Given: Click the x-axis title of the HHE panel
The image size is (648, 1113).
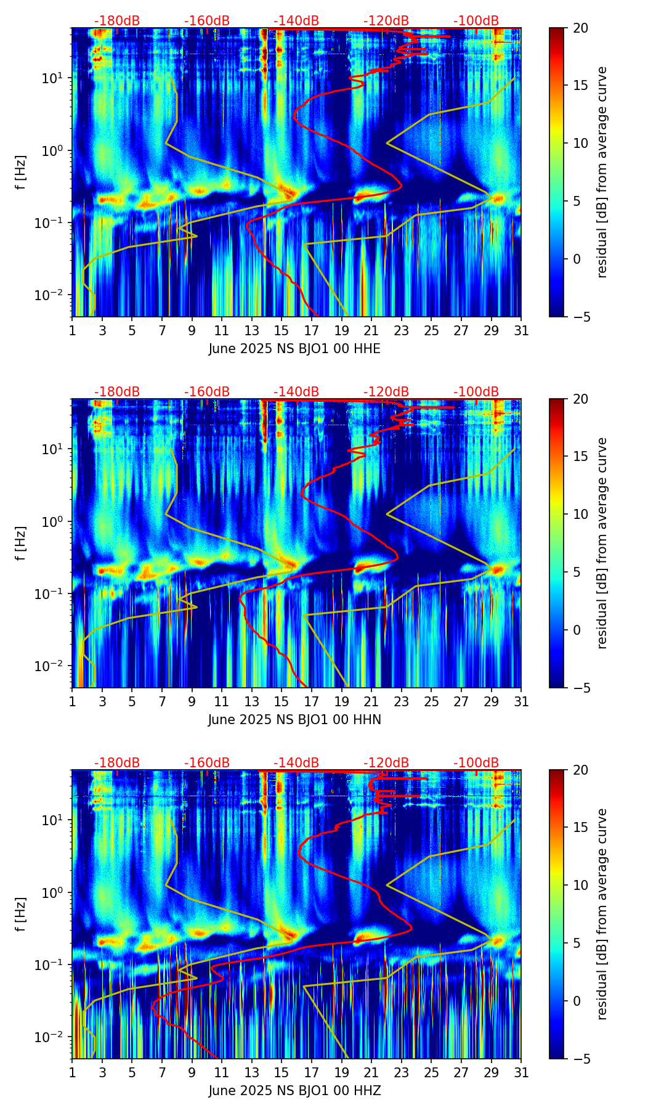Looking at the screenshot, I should click(294, 349).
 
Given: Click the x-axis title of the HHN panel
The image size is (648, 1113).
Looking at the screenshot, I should click(294, 720).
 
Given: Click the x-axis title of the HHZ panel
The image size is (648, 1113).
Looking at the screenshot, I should click(294, 1091).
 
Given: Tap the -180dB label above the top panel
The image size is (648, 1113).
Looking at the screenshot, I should click(117, 21).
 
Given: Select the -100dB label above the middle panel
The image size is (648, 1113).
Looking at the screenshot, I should click(476, 392).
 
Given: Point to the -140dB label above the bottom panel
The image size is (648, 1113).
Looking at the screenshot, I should click(296, 763).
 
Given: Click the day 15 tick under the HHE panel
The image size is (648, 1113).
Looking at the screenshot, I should click(281, 330).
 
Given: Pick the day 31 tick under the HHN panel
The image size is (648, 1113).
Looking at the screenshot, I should click(521, 701).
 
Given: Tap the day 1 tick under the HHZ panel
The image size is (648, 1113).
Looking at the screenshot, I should click(72, 1072).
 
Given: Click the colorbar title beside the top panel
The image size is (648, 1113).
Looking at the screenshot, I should click(602, 172).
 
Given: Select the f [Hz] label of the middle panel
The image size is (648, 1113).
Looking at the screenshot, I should click(21, 543).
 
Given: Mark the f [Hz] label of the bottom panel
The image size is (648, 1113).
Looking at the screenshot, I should click(21, 914).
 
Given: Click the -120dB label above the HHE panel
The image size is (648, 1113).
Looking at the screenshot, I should click(386, 21).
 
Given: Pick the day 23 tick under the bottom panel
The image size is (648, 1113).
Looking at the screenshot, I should click(402, 1072).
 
